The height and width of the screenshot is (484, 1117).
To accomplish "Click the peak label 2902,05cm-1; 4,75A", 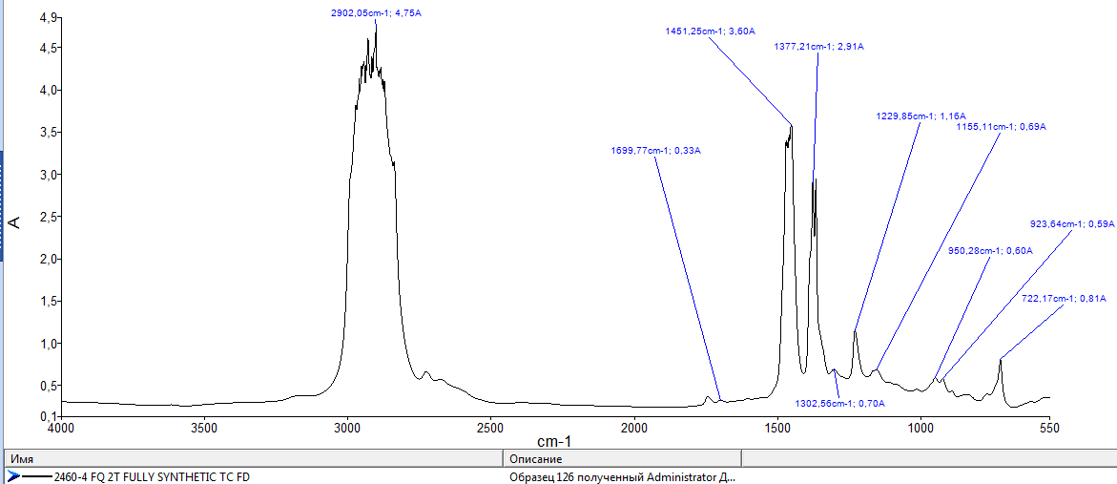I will [x=375, y=12].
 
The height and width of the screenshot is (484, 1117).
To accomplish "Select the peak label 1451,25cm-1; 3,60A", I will [x=711, y=32].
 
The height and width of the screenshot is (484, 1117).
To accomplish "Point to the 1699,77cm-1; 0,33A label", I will [x=655, y=151].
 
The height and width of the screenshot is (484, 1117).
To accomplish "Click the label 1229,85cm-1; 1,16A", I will [x=920, y=116].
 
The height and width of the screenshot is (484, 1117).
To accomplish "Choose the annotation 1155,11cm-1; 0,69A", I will [x=1001, y=126].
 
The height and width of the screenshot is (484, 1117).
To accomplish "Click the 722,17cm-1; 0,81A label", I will [x=1064, y=299].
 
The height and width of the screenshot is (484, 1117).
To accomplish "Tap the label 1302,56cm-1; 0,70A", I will [x=839, y=404].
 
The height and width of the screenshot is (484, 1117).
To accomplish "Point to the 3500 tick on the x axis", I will [x=203, y=429].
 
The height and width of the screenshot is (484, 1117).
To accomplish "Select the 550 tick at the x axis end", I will [x=1049, y=429].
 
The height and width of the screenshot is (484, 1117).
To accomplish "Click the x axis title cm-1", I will [x=553, y=442].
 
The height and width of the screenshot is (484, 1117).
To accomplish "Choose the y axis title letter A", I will [x=13, y=221].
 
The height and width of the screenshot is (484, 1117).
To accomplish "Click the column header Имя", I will [x=20, y=459].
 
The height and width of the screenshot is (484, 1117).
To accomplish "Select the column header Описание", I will [x=537, y=459].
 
